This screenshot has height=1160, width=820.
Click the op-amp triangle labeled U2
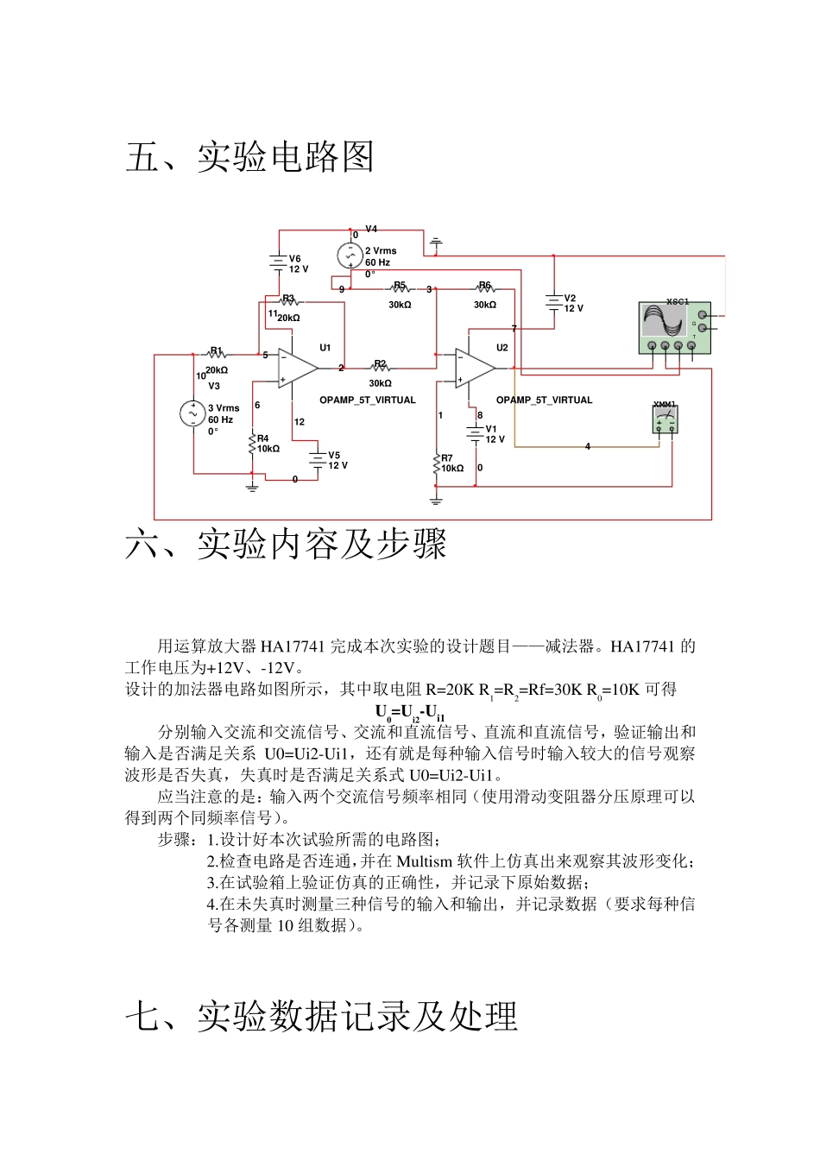point(475,368)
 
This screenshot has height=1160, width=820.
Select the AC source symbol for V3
point(192,413)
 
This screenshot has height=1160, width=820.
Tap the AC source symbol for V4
point(350,255)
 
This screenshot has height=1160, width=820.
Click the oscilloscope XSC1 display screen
point(664,321)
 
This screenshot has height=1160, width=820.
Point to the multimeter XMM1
point(665,419)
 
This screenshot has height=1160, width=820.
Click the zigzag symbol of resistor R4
point(252,444)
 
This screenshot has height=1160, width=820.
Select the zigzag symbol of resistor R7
point(436,464)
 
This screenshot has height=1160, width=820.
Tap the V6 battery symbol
point(278,262)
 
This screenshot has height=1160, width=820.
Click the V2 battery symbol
point(553,302)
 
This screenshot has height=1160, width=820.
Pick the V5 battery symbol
point(319,458)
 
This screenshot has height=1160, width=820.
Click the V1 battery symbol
point(475,432)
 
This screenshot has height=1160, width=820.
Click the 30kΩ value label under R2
point(380,383)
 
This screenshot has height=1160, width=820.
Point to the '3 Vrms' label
point(224,408)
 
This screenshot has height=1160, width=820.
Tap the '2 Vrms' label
point(381,251)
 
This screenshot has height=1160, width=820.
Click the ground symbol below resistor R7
point(436,500)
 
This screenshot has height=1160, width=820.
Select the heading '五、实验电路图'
point(249,157)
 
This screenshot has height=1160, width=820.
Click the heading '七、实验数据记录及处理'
point(321,1016)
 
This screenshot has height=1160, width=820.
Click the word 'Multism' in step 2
point(425,861)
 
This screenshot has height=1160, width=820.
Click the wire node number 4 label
point(588,447)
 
